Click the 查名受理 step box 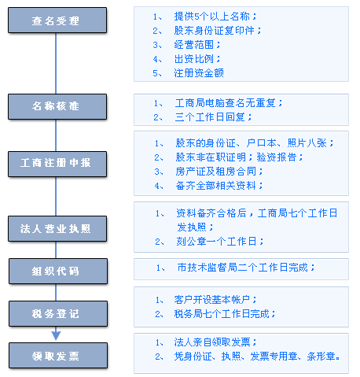pyautogui.click(x=57, y=20)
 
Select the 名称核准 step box pyautogui.click(x=57, y=106)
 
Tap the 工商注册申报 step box pyautogui.click(x=57, y=164)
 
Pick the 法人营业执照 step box pyautogui.click(x=57, y=228)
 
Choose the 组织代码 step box pyautogui.click(x=58, y=271)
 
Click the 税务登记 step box pyautogui.click(x=58, y=313)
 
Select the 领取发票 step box pyautogui.click(x=58, y=355)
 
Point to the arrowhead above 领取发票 pyautogui.click(x=56, y=335)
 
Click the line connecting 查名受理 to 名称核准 pyautogui.click(x=56, y=64)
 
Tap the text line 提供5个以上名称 pyautogui.click(x=215, y=17)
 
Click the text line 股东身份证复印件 pyautogui.click(x=218, y=31)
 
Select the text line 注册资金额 pyautogui.click(x=199, y=73)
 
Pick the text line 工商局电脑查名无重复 pyautogui.click(x=229, y=103)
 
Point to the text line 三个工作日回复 pyautogui.click(x=213, y=117)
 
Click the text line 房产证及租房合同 pyautogui.click(x=219, y=172)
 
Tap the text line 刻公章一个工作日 pyautogui.click(x=219, y=242)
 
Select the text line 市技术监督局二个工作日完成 pyautogui.click(x=246, y=268)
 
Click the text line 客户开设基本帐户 pyautogui.click(x=215, y=300)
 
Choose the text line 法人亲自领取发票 pyautogui.click(x=215, y=342)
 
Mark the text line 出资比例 pyautogui.click(x=197, y=59)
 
